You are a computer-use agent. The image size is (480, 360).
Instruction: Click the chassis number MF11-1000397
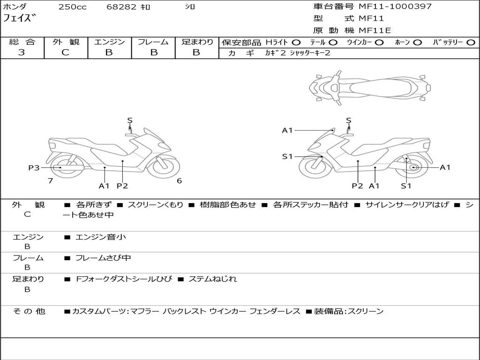(x=395, y=7)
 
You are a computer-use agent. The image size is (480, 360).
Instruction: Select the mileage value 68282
(x=121, y=7)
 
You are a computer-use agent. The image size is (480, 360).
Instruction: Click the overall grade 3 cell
(x=22, y=52)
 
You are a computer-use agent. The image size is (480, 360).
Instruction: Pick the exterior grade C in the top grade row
(x=66, y=52)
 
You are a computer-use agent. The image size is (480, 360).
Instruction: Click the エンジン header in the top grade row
(x=109, y=42)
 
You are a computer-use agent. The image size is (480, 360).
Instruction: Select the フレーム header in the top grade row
(x=153, y=42)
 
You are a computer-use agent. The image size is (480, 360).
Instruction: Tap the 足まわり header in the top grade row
(x=197, y=42)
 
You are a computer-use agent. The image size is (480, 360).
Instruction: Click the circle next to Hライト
(x=296, y=42)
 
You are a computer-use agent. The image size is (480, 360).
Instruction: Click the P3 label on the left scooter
(x=34, y=168)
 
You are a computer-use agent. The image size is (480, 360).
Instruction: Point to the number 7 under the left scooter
(x=50, y=180)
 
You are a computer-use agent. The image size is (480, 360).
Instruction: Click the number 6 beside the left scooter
(x=179, y=180)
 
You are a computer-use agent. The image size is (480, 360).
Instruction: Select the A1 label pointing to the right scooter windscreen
(x=287, y=130)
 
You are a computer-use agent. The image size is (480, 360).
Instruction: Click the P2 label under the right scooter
(x=358, y=186)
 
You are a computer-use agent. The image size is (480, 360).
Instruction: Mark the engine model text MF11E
(x=375, y=30)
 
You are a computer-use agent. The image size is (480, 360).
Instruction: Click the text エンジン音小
(x=101, y=237)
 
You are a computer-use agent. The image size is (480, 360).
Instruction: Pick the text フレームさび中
(x=103, y=258)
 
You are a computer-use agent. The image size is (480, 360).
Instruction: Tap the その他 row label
(x=29, y=311)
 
